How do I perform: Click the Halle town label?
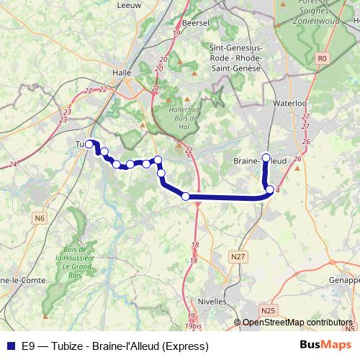pyautogui.click(x=122, y=72)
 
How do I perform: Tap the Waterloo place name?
pyautogui.click(x=290, y=104)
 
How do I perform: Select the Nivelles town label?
pyautogui.click(x=214, y=302)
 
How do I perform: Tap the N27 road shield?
pyautogui.click(x=238, y=256)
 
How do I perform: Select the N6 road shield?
pyautogui.click(x=39, y=217)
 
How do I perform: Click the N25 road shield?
pyautogui.click(x=268, y=310)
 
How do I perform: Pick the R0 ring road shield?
pyautogui.click(x=321, y=58)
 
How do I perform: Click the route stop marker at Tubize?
pyautogui.click(x=90, y=144)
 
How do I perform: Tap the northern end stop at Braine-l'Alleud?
pyautogui.click(x=266, y=157)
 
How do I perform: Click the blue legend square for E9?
pyautogui.click(x=10, y=345)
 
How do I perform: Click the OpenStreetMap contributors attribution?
pyautogui.click(x=297, y=323)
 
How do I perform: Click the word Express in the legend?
pyautogui.click(x=186, y=345)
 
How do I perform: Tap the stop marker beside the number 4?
pyautogui.click(x=270, y=190)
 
